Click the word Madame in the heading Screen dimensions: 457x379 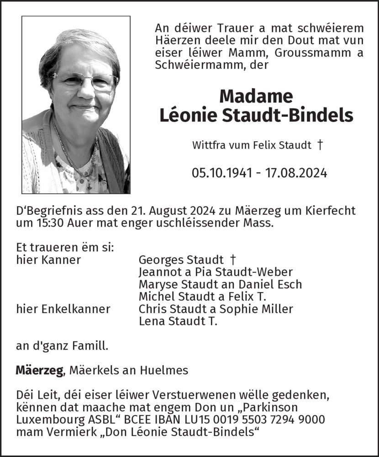point(256,96)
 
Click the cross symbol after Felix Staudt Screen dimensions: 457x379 point(320,145)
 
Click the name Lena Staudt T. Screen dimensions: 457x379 point(178,321)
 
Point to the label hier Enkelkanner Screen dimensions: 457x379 point(63,309)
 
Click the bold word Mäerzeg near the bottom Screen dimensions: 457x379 point(39,371)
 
